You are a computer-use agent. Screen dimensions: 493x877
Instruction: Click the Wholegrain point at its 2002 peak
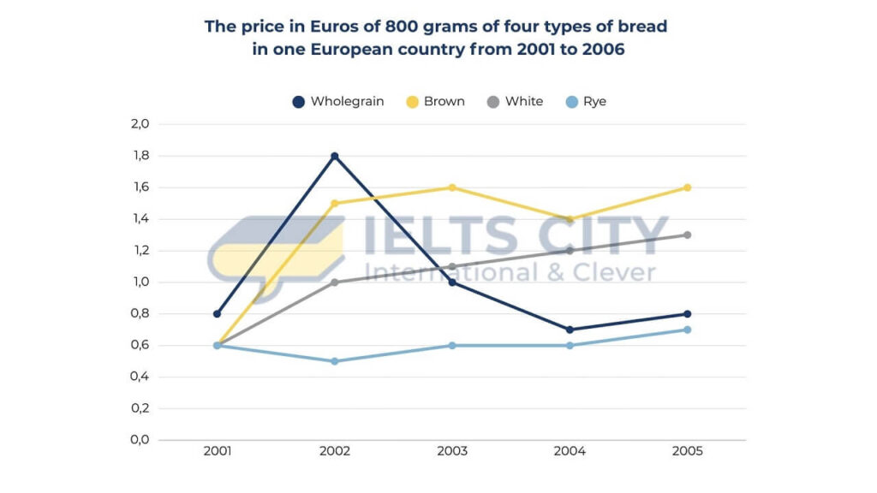[x=335, y=156]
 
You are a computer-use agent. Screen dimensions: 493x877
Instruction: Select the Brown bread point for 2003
[x=452, y=187]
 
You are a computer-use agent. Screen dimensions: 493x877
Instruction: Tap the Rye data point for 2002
[x=335, y=361]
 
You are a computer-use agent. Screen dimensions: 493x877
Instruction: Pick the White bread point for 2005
[x=688, y=235]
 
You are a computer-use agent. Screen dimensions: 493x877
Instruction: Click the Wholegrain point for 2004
[x=570, y=330]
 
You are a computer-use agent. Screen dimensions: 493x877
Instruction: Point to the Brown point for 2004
[x=570, y=219]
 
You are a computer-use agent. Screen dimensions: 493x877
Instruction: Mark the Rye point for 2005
[x=688, y=330]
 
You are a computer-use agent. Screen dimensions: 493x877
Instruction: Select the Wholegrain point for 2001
[x=217, y=314]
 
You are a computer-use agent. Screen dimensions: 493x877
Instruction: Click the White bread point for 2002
[x=335, y=282]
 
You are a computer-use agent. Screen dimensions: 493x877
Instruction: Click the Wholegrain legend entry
[x=338, y=101]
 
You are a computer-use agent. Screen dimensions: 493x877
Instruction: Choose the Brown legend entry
[x=435, y=101]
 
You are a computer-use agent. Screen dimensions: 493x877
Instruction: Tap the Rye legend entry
[x=585, y=101]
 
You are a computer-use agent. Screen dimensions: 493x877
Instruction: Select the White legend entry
[x=515, y=101]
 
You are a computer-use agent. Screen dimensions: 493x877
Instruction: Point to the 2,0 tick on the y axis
[x=140, y=124]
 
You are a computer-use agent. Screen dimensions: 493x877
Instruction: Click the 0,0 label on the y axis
[x=140, y=440]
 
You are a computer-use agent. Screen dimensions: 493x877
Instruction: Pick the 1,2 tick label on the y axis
[x=140, y=251]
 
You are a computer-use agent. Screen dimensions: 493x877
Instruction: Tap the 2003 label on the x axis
[x=452, y=451]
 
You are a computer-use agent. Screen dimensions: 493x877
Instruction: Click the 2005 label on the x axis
[x=688, y=451]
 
